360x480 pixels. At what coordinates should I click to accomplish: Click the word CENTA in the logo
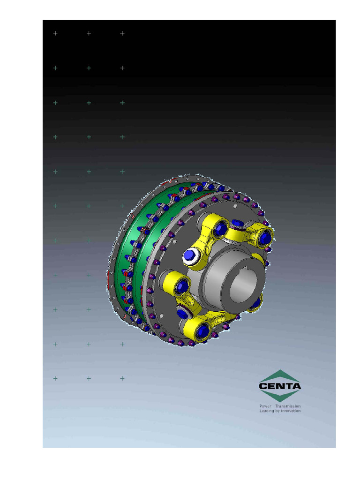click(x=280, y=387)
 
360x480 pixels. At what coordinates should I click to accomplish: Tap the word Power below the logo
click(x=265, y=406)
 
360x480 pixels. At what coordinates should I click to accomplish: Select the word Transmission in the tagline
click(x=288, y=406)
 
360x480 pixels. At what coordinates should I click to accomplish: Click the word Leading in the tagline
click(x=267, y=411)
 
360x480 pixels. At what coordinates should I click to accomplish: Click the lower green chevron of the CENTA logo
click(x=280, y=397)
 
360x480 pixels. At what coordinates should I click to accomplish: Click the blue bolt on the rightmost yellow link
click(x=264, y=238)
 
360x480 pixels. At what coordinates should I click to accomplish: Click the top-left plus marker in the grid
click(x=55, y=33)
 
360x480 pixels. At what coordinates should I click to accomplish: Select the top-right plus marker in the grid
click(x=122, y=33)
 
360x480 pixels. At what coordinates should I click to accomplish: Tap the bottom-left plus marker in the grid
click(x=55, y=378)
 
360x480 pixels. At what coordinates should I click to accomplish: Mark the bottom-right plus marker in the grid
click(x=122, y=378)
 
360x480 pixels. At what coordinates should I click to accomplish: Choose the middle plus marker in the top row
click(x=89, y=33)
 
